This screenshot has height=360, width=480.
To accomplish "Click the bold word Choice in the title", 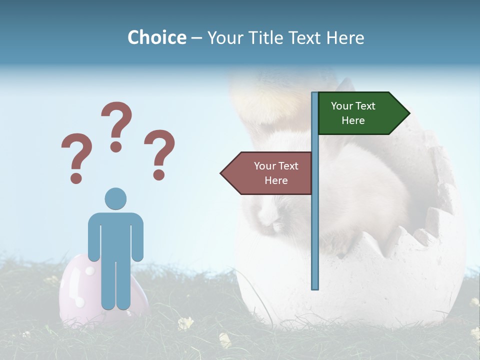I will click(156, 37).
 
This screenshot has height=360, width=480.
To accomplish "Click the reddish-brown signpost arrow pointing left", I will click(267, 173).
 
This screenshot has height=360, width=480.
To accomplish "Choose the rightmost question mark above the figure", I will click(159, 150).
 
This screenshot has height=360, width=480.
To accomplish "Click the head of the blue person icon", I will click(115, 198).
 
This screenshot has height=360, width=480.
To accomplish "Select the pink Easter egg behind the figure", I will click(75, 290).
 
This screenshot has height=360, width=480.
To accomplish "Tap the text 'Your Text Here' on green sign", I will click(353, 113).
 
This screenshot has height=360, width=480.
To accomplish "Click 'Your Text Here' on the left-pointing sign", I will click(276, 173).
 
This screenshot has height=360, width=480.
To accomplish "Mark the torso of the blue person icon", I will click(115, 235).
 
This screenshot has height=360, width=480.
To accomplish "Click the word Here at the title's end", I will click(345, 37).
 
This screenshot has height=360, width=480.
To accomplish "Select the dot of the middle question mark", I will click(116, 146).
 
